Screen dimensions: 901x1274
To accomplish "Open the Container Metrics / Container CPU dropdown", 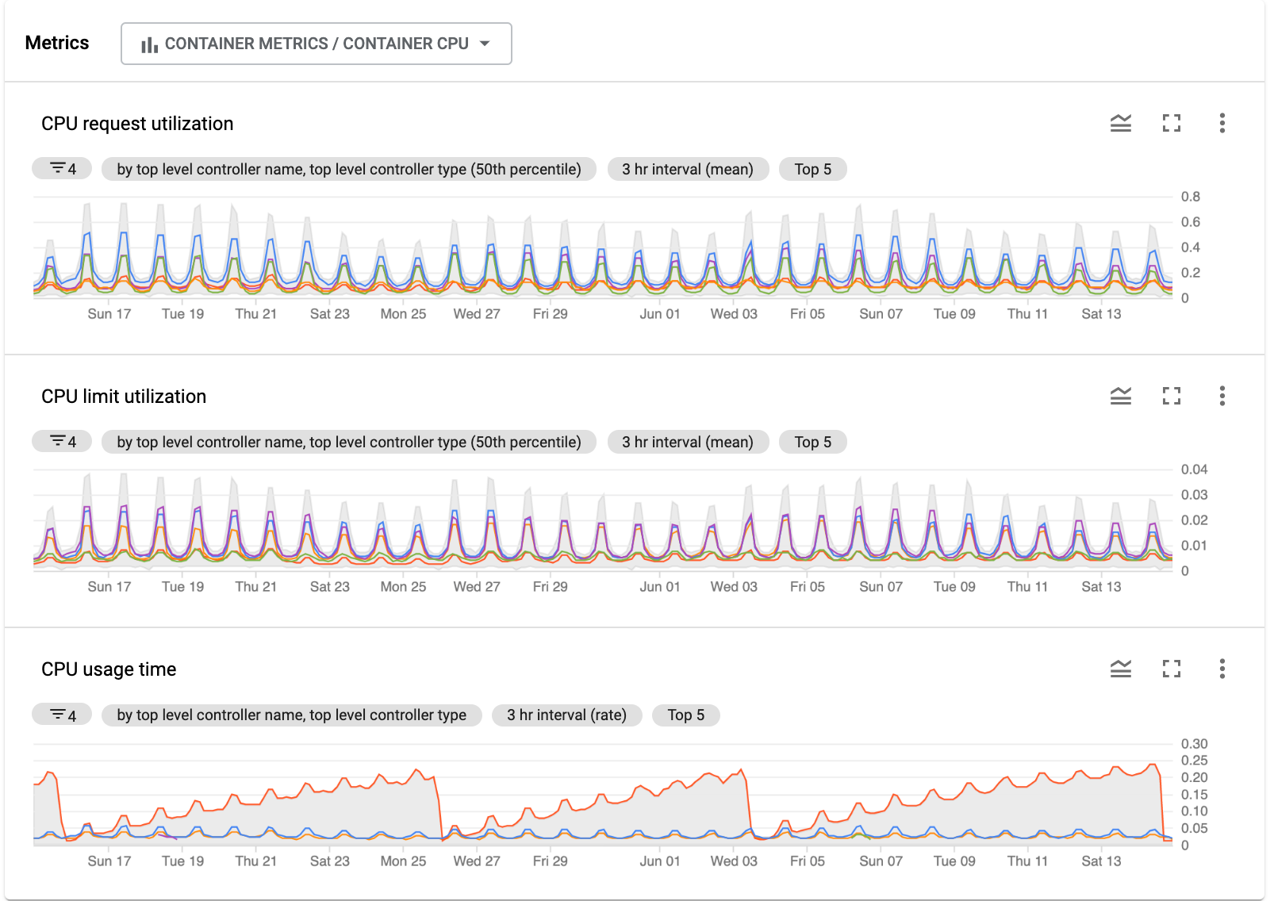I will [316, 44].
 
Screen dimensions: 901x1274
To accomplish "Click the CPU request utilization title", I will [137, 124].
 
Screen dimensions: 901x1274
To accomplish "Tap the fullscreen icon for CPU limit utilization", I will [1171, 396].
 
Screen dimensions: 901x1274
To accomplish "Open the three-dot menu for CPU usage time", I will [1222, 669].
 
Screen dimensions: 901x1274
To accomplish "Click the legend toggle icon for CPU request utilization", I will [1120, 123].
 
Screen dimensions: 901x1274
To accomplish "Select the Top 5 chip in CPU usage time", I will [685, 715].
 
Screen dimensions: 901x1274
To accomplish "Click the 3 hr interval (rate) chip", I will [566, 715].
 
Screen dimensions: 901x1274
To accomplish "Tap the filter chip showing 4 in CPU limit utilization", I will [62, 442].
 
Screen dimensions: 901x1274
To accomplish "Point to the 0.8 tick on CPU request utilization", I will [1190, 197].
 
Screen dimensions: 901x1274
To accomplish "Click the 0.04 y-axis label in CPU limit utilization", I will [1194, 470].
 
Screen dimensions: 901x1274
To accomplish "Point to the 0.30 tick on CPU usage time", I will [1194, 744].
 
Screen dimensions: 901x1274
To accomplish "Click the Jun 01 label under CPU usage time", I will [659, 861].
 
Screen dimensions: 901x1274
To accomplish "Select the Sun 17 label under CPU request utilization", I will [109, 314].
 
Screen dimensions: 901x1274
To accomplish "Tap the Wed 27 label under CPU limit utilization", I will [476, 587].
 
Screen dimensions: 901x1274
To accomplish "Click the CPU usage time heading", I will [109, 669].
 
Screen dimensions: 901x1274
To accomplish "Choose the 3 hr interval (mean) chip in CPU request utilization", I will [687, 169].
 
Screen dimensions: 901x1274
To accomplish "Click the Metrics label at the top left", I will [57, 43].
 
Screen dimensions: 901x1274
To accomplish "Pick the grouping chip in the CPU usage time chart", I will [291, 715].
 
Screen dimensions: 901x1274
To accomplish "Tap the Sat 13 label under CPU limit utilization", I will [1100, 587].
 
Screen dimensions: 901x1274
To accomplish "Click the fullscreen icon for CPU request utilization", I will [1171, 123].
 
